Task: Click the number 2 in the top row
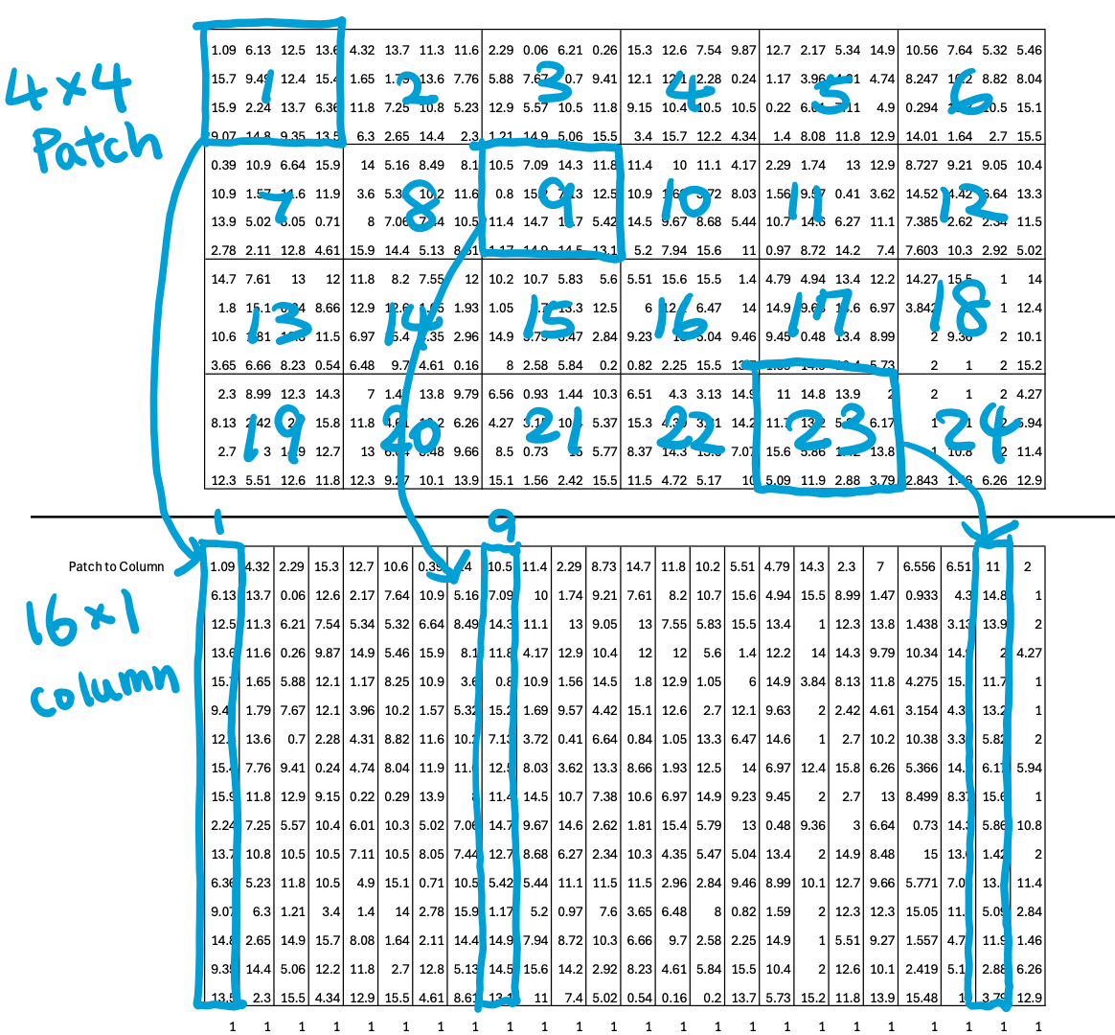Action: [417, 90]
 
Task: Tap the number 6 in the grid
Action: [970, 94]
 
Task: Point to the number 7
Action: [276, 205]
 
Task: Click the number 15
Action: [548, 319]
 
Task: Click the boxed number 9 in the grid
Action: [556, 201]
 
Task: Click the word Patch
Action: [96, 149]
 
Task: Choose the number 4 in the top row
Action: [690, 90]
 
